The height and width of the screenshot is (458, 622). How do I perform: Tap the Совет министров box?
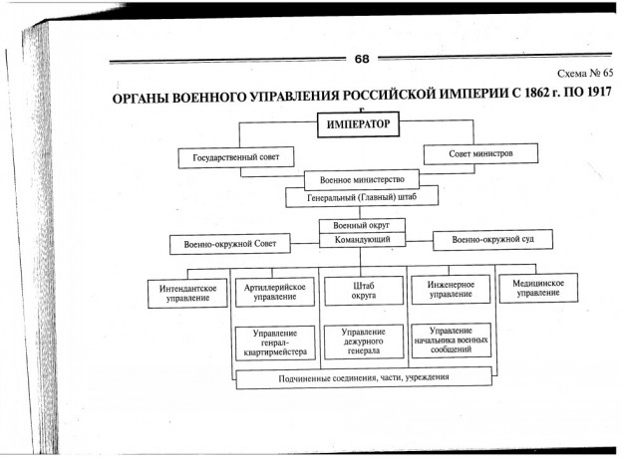coord(481,153)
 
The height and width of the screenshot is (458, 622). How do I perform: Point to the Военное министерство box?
coord(360,180)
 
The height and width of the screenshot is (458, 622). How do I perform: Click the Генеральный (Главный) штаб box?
coord(360,197)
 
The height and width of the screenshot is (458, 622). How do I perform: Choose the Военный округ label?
coord(360,226)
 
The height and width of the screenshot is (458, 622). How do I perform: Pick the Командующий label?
coord(360,240)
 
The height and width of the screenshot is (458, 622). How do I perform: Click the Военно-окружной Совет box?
coord(229,243)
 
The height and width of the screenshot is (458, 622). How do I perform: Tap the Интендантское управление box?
coord(184,292)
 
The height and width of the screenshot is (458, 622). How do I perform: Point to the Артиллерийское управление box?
coord(274,292)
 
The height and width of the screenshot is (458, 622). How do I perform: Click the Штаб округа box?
coord(363,292)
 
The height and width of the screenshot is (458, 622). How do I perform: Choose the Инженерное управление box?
coord(451,291)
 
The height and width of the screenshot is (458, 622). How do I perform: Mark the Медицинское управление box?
coord(538,291)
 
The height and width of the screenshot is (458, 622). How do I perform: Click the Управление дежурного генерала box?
coord(363,342)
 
